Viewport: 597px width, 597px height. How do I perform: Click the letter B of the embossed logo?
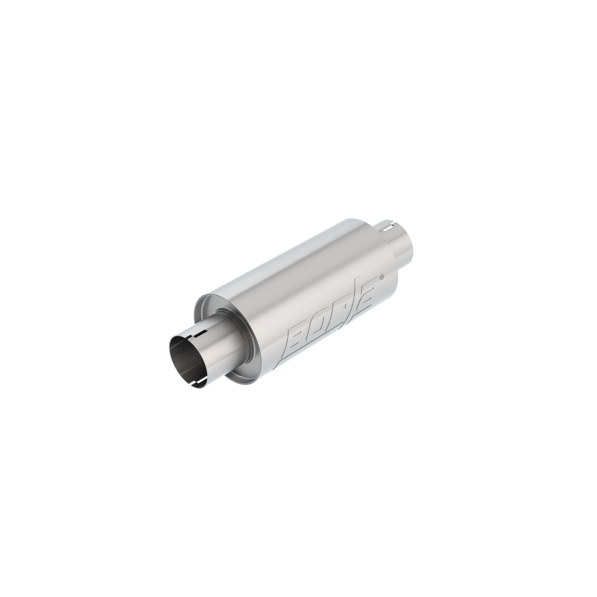click(x=298, y=340)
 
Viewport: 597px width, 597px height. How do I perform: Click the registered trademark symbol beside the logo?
click(x=382, y=278)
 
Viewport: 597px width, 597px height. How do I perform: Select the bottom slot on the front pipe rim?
click(x=197, y=384)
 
